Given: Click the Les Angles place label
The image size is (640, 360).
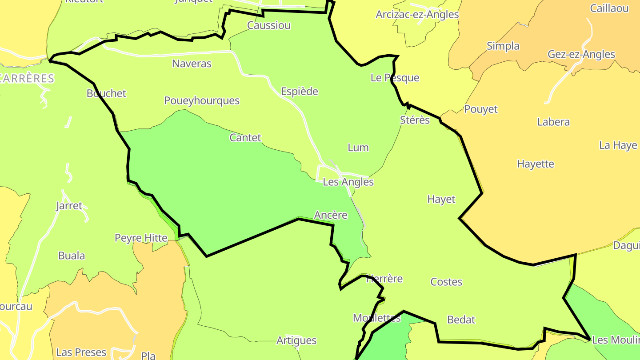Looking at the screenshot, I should (348, 182).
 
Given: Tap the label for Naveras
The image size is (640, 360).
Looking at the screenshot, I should (192, 64).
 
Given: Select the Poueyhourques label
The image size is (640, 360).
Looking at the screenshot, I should (202, 100).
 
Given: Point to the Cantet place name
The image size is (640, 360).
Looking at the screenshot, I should (245, 138).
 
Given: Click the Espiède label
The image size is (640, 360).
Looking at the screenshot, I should (300, 92).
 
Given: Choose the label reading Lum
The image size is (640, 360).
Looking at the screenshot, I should (358, 148).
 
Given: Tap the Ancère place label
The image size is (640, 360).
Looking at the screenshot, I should (330, 215).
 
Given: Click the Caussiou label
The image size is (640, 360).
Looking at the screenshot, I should (268, 25).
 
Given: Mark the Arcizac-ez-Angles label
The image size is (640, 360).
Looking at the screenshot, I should (417, 14).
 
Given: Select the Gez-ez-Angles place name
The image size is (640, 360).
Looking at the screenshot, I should (581, 54).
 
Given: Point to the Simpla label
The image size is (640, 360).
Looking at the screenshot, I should (503, 46).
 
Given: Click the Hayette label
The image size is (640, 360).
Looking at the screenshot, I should (535, 164).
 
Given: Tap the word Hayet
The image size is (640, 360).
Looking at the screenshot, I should (441, 199).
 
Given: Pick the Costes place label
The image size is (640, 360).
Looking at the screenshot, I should (446, 282).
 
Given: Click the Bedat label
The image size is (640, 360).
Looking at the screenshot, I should (461, 320).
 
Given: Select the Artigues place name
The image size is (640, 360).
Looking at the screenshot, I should (296, 340).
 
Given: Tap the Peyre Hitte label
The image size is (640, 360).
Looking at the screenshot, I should (141, 238).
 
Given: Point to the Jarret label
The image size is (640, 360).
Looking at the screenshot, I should (69, 206).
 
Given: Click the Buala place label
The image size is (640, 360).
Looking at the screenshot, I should (72, 256).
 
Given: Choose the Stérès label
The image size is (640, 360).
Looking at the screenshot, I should (415, 120).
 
